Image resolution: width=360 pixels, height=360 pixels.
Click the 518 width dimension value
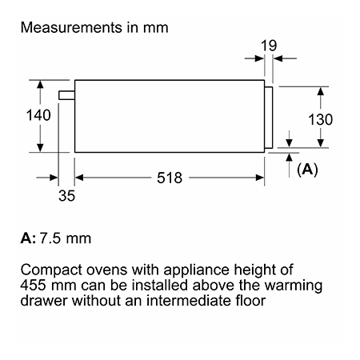coord(170,178)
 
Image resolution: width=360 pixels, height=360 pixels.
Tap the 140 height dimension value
coord(38,115)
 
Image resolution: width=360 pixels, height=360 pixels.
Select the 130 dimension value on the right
coord(320,119)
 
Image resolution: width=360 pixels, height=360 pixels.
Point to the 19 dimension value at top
coord(269,46)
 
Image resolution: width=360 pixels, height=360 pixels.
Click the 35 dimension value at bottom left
coord(66,195)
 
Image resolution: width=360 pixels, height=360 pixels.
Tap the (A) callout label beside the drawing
coord(307,169)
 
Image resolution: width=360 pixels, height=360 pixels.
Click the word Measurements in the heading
coord(71,27)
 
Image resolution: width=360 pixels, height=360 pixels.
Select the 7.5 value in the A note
coord(50,238)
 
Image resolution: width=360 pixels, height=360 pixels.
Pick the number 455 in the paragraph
coord(33,285)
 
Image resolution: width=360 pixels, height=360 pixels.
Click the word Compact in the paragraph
coord(51,270)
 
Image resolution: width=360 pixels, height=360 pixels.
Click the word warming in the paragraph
coord(294,286)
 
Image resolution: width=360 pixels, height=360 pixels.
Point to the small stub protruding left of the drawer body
coord(66,95)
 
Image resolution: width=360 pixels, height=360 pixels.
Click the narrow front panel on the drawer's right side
coord(269,118)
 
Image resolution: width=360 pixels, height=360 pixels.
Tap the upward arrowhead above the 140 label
coord(40,85)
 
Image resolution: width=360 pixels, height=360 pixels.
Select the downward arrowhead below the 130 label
coord(321,143)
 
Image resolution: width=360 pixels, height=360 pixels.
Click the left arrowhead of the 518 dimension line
coord(79,178)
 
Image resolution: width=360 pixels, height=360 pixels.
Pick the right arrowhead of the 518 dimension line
coord(260,178)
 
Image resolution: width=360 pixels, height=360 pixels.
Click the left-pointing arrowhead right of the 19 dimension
coord(278,58)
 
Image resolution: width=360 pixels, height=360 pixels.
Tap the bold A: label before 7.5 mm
coord(28,238)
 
